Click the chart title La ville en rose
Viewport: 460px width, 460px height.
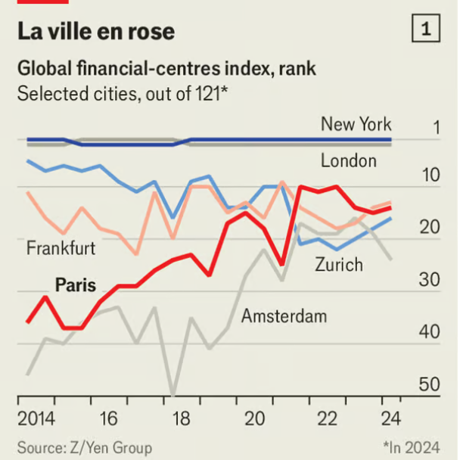click(96, 31)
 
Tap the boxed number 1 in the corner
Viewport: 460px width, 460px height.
click(426, 30)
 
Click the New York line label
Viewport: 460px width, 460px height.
click(356, 124)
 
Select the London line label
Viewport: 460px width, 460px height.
click(348, 160)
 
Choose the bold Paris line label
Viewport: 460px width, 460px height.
click(76, 285)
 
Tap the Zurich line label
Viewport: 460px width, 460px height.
click(339, 264)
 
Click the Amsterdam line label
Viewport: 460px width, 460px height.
click(284, 315)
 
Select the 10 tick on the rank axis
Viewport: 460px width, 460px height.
click(429, 176)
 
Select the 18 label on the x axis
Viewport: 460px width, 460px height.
click(173, 418)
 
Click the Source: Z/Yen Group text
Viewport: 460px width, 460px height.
click(85, 447)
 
